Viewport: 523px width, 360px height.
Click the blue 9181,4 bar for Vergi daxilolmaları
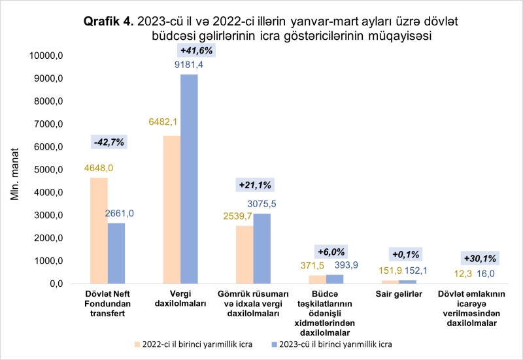tap(189, 179)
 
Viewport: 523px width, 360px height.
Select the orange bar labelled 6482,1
tap(171, 210)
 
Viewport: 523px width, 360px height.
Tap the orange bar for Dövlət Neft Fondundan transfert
tap(99, 231)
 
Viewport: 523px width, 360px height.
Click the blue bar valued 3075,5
tap(261, 248)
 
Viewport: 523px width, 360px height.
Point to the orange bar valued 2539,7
tap(244, 255)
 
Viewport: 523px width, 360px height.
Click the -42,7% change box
tap(108, 141)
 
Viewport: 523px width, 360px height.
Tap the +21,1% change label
tap(254, 186)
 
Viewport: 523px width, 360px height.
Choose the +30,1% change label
tap(480, 257)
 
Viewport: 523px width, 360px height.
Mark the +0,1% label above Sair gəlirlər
tap(406, 254)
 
